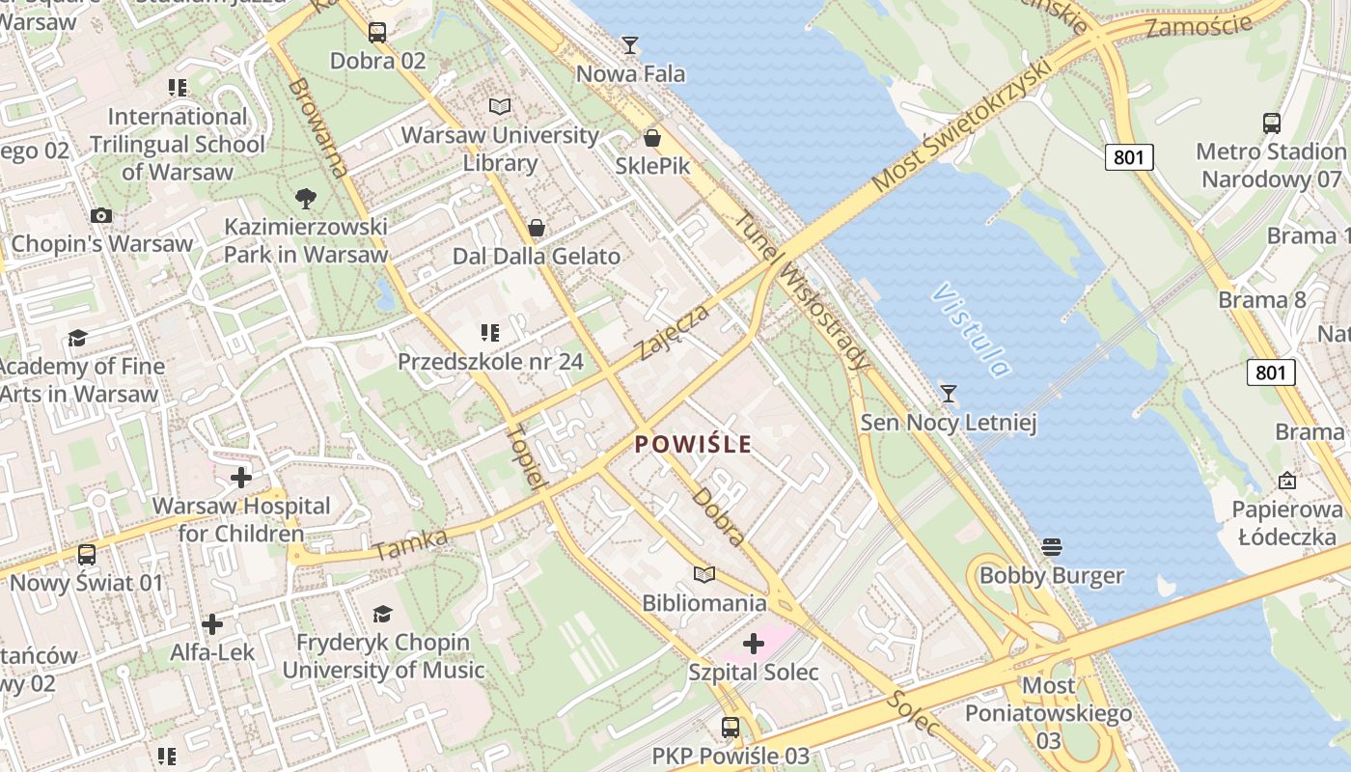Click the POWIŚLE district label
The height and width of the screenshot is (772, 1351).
693,444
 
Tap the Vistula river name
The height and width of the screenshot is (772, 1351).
973,330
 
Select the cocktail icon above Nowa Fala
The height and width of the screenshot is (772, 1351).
630,44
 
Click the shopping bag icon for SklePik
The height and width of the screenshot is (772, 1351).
652,138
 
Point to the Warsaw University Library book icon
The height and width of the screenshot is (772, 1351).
499,106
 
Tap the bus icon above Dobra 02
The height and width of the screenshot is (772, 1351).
377,32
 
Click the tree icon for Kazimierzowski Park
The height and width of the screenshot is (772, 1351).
306,199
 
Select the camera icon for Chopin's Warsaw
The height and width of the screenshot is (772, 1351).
101,215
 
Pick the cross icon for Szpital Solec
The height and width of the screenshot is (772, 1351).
754,643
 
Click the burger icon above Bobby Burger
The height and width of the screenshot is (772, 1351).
1052,547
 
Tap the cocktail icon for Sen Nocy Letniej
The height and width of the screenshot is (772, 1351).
949,393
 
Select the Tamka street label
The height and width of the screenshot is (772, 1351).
411,545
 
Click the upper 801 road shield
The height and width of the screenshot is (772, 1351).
1129,156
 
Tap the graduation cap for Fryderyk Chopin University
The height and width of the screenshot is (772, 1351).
383,614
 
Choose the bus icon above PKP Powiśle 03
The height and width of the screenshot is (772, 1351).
731,727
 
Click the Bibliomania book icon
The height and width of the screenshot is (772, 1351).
705,574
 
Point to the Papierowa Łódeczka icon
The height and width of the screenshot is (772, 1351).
1286,480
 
